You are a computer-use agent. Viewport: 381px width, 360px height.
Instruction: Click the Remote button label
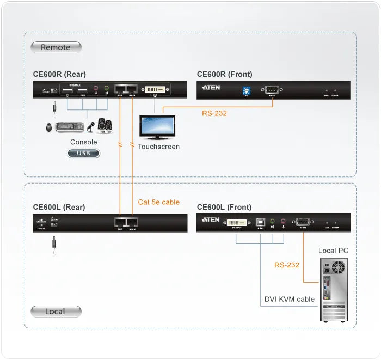click(x=56, y=47)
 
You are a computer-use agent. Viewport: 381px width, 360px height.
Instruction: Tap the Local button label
click(x=56, y=312)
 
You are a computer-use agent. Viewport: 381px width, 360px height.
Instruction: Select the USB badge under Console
click(x=84, y=154)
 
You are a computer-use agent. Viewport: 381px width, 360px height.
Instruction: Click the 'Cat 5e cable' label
click(x=158, y=202)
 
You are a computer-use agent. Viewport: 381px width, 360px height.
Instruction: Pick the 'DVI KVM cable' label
click(x=290, y=299)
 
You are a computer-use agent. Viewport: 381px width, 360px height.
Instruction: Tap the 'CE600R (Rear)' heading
click(x=59, y=74)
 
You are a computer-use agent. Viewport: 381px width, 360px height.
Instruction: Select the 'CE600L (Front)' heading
click(x=224, y=207)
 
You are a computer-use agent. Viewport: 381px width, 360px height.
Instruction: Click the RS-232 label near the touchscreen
click(x=214, y=114)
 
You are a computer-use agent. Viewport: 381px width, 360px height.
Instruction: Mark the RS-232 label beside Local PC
click(x=286, y=265)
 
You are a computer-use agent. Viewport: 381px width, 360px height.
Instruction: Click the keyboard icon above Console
click(x=69, y=127)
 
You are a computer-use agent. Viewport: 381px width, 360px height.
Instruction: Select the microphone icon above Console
click(x=90, y=127)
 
